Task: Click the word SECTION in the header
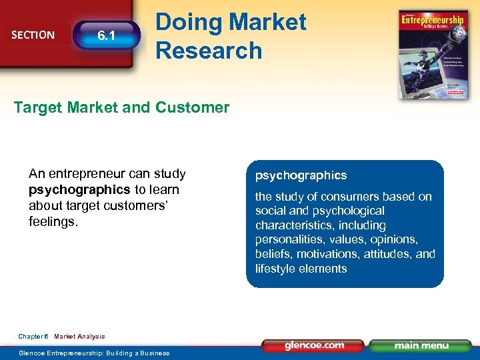pos(33,35)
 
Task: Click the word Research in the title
pos(209,50)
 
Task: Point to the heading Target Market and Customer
pos(121,107)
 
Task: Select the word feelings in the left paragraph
pos(53,220)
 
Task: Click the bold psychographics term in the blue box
pos(301,175)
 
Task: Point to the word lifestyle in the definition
pos(276,269)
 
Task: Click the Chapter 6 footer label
pos(33,337)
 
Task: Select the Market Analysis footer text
pos(79,337)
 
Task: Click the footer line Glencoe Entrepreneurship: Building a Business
pos(94,353)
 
